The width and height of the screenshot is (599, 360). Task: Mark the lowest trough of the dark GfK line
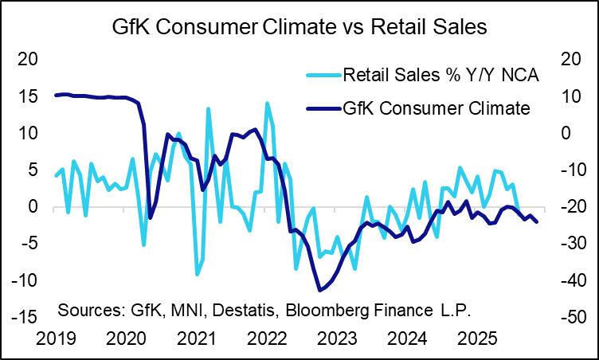320,290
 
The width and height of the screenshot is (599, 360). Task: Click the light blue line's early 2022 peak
267,103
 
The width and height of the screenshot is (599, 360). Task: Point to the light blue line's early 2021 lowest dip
198,274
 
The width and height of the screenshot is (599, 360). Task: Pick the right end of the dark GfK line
538,221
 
